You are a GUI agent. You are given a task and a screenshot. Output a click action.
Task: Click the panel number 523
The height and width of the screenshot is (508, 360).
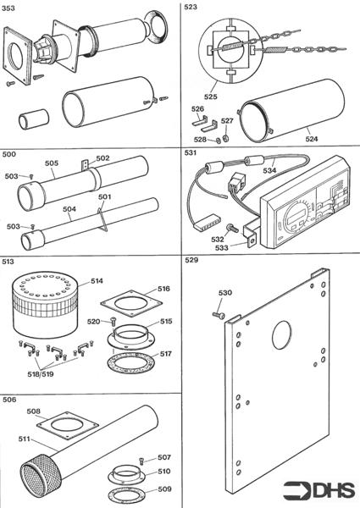[191, 7]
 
